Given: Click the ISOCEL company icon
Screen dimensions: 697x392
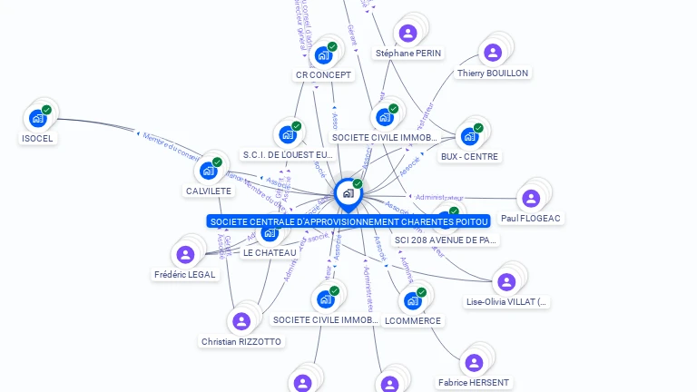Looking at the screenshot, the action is tap(38, 117).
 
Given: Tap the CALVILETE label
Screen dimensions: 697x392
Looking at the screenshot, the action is tap(209, 191).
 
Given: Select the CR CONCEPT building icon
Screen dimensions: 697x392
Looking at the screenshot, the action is tap(323, 55).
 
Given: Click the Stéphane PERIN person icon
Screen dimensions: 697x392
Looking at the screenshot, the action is tap(408, 34).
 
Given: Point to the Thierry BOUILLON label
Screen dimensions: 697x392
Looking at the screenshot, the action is tap(493, 73).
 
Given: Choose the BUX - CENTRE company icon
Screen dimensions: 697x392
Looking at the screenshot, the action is tap(469, 136).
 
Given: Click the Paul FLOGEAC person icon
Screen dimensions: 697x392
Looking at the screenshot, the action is tap(531, 198).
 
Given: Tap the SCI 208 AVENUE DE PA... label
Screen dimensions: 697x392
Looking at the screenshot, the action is tap(446, 240).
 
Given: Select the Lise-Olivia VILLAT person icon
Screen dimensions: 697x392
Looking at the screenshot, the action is tap(506, 282).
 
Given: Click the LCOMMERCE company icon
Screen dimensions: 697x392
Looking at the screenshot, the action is tap(413, 300).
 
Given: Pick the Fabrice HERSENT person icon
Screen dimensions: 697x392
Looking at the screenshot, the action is tap(473, 363).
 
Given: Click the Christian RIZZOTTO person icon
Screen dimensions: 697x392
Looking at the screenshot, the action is tap(241, 321).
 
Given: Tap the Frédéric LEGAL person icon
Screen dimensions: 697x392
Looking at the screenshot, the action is tap(186, 254).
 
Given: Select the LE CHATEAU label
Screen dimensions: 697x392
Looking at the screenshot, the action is tap(270, 252).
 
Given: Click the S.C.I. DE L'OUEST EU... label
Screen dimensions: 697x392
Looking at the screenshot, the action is tap(288, 155).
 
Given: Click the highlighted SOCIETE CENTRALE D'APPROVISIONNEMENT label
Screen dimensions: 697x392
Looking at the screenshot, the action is tap(348, 221).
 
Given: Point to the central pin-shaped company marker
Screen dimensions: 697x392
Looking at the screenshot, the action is tap(347, 193).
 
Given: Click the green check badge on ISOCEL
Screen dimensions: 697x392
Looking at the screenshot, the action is tap(46, 110).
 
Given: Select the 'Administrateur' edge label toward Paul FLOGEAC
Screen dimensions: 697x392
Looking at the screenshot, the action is tap(438, 197).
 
